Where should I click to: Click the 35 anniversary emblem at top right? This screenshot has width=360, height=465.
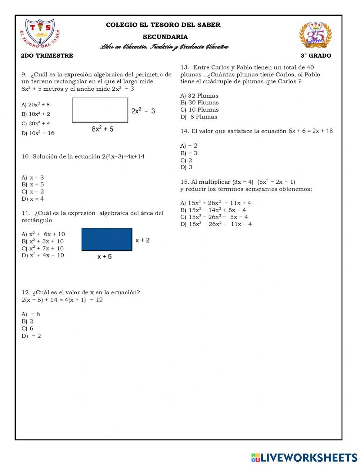315,35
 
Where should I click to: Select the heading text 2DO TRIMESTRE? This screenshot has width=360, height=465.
47,55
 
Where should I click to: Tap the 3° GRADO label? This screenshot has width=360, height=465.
316,55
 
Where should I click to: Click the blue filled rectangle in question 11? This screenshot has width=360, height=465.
107,240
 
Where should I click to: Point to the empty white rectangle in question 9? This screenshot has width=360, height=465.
100,110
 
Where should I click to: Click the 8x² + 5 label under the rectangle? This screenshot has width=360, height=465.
103,129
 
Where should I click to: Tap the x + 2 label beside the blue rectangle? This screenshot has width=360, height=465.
143,240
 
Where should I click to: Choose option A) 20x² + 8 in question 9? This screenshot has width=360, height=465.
36,104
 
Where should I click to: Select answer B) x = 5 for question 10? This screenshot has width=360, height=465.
33,184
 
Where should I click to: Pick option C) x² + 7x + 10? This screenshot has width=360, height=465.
42,248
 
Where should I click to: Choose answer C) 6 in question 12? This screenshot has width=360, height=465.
27,328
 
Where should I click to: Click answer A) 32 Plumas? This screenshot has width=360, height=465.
199,95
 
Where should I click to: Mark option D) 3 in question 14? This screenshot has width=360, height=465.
186,167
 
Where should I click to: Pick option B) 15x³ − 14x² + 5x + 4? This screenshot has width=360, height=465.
213,210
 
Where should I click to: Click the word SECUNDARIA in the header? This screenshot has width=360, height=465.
165,37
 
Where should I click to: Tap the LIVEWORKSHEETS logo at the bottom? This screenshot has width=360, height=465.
304,457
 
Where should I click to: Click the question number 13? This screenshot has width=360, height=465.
185,67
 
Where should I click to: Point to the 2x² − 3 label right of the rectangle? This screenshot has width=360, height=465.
143,111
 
